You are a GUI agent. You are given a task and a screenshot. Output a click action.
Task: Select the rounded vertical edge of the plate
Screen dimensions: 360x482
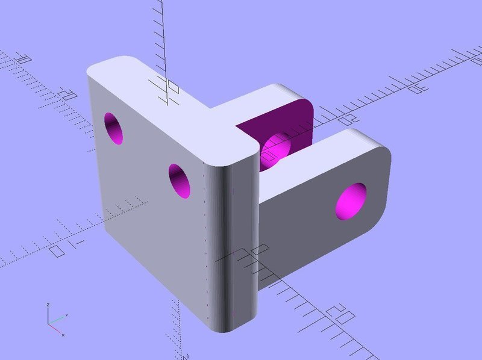[x=232, y=241]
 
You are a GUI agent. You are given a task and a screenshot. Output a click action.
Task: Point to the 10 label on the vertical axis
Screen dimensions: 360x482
[x=171, y=89]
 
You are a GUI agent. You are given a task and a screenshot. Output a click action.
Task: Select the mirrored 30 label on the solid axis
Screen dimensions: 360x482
[x=416, y=89]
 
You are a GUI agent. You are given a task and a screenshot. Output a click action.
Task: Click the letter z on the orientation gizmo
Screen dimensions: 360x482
[x=48, y=305]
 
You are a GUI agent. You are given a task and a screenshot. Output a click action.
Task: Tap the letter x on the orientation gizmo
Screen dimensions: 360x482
[x=63, y=334]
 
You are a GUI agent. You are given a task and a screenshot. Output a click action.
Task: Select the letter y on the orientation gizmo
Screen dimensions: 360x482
[x=67, y=315]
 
